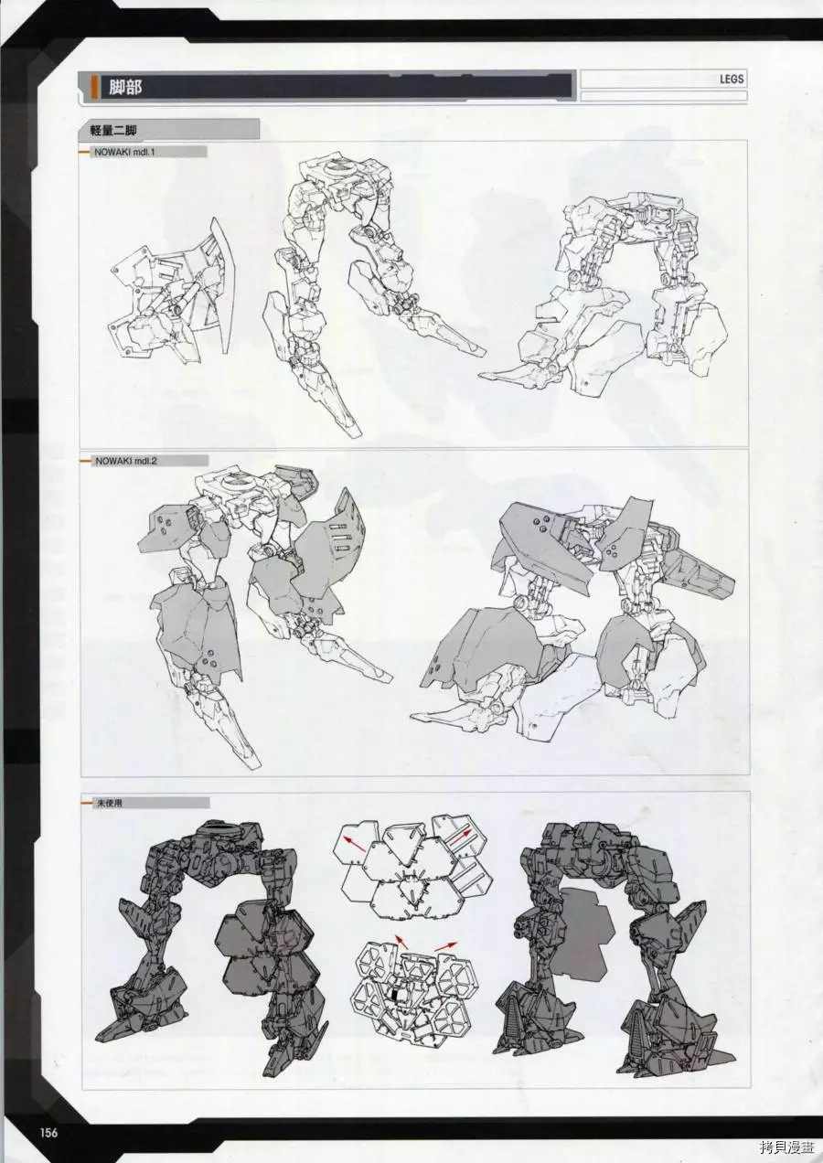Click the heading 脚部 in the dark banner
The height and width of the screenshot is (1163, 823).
(125, 87)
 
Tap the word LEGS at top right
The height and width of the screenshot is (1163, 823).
(732, 80)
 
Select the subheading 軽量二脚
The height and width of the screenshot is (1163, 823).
(113, 131)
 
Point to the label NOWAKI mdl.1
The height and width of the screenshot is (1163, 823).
(124, 153)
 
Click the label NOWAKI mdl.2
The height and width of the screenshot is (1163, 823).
(125, 461)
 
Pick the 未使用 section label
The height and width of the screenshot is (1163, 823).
(108, 803)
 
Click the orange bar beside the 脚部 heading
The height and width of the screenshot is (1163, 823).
(94, 87)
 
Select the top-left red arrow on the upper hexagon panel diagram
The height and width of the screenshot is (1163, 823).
(353, 843)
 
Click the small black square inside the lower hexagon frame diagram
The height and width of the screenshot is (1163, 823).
(396, 995)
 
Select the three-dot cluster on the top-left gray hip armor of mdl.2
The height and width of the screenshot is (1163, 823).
(162, 527)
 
